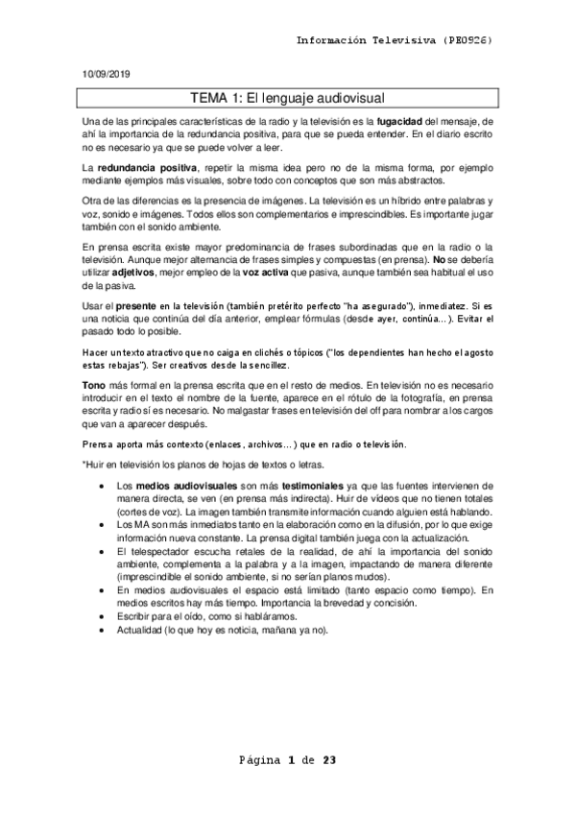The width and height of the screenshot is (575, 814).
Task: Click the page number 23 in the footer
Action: (328, 761)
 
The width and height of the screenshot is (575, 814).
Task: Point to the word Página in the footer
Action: (259, 761)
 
